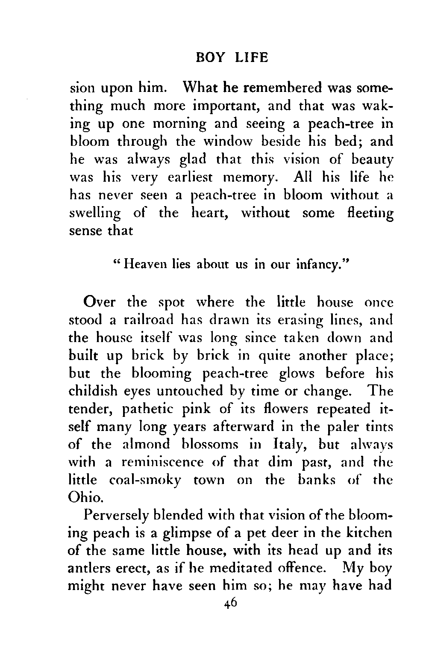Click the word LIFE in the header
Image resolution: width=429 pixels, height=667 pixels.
pos(252,57)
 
